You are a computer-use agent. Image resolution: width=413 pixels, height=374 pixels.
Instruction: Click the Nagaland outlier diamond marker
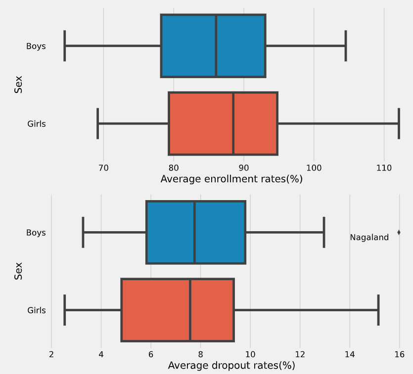[x=399, y=232]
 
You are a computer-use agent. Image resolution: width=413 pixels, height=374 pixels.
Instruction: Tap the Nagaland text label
[x=369, y=238]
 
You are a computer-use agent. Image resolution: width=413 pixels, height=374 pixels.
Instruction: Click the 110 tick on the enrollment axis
[x=384, y=168]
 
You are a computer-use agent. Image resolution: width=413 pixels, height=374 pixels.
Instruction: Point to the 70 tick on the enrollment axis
[x=103, y=168]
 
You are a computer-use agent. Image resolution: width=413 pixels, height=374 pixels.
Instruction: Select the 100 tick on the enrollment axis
[x=314, y=168]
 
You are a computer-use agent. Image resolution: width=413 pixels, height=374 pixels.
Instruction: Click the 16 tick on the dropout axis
[x=399, y=354]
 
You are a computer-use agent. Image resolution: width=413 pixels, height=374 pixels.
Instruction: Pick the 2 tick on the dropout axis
[x=51, y=354]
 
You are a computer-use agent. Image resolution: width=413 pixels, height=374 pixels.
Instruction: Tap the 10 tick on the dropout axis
[x=250, y=354]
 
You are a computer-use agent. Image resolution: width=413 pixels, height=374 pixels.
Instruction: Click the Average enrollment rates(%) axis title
[x=231, y=179]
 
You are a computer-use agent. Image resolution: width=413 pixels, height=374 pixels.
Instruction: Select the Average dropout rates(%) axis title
[x=231, y=366]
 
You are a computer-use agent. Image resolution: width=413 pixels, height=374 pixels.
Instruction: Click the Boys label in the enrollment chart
[x=36, y=46]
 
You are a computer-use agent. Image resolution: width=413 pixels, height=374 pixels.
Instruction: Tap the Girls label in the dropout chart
[x=37, y=310]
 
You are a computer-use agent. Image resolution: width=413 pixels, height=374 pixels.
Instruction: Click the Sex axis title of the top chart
[x=19, y=84]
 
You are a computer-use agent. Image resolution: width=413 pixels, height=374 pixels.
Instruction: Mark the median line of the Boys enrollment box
[x=216, y=46]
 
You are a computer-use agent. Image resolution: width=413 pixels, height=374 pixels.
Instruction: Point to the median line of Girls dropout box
[x=190, y=310]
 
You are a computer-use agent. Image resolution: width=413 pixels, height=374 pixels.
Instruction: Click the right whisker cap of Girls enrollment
[x=399, y=124]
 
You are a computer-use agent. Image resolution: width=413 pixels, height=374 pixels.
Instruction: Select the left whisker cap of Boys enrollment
[x=65, y=46]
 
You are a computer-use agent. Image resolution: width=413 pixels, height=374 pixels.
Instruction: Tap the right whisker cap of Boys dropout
[x=323, y=232]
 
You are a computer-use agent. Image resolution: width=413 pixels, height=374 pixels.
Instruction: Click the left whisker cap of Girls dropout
[x=65, y=310]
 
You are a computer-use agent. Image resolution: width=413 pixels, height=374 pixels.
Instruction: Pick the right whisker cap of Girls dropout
[x=378, y=310]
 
